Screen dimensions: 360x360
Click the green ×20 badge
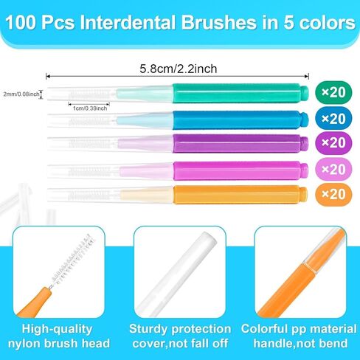(x=332, y=92)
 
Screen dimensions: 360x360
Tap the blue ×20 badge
(x=332, y=118)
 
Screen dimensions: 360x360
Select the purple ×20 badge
(x=332, y=143)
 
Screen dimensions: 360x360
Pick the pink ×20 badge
(x=332, y=169)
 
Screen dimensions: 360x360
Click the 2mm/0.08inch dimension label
(x=22, y=94)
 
